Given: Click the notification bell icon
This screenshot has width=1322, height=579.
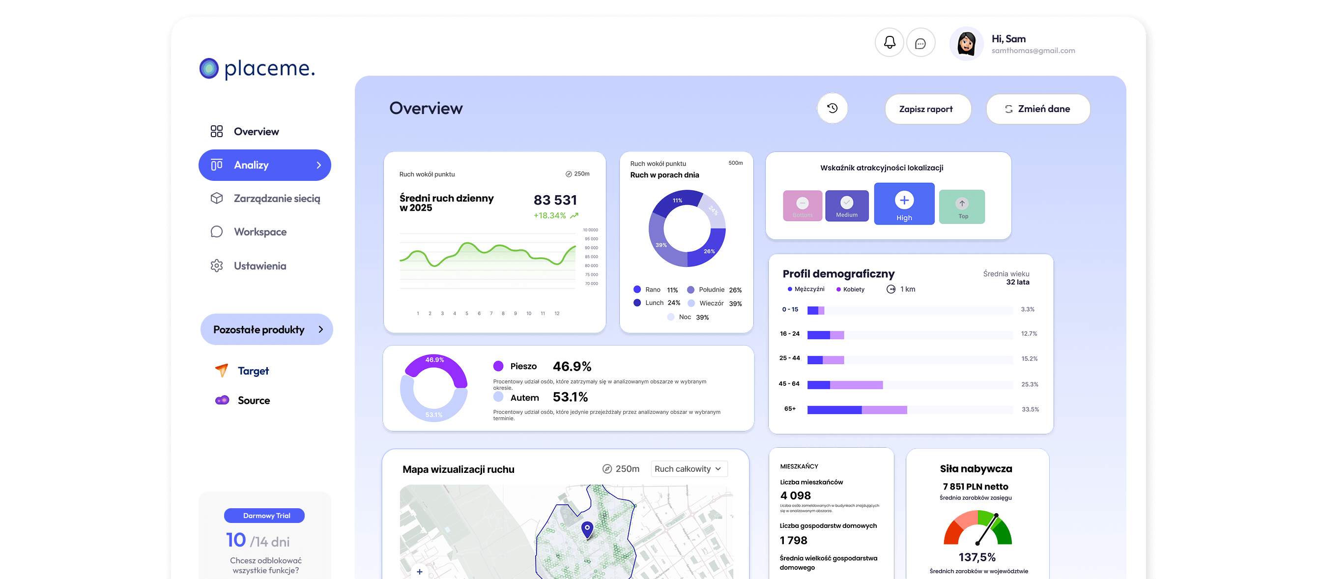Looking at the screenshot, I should pyautogui.click(x=890, y=43).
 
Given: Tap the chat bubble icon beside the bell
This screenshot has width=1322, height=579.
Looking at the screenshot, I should pyautogui.click(x=920, y=43).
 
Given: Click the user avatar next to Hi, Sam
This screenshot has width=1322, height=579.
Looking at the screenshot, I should pyautogui.click(x=966, y=44).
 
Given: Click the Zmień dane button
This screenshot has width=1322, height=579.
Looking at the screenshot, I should pyautogui.click(x=1037, y=109).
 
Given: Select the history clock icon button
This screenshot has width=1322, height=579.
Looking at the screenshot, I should pyautogui.click(x=833, y=108).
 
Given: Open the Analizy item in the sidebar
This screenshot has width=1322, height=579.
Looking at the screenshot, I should pyautogui.click(x=264, y=165).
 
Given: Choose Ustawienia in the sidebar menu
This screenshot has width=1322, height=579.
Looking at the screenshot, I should pyautogui.click(x=259, y=266).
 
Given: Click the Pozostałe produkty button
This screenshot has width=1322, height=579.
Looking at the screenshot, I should pyautogui.click(x=266, y=329).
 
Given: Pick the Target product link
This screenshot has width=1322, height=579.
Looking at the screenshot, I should pyautogui.click(x=253, y=371).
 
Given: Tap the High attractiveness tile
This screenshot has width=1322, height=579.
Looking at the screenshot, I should pyautogui.click(x=904, y=204).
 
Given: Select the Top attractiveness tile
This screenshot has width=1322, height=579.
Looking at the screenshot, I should pyautogui.click(x=962, y=207).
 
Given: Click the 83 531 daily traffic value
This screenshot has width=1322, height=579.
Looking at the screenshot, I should pyautogui.click(x=555, y=200).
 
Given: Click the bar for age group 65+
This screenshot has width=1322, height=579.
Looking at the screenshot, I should pyautogui.click(x=857, y=409).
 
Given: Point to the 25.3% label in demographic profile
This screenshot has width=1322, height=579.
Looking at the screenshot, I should pyautogui.click(x=1030, y=384).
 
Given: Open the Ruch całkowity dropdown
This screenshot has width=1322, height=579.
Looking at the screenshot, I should pyautogui.click(x=688, y=468).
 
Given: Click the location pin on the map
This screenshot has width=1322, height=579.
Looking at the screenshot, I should pyautogui.click(x=587, y=529).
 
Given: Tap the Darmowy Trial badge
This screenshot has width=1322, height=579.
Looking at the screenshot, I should pyautogui.click(x=264, y=516).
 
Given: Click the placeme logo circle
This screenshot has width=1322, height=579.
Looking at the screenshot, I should pyautogui.click(x=209, y=69).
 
